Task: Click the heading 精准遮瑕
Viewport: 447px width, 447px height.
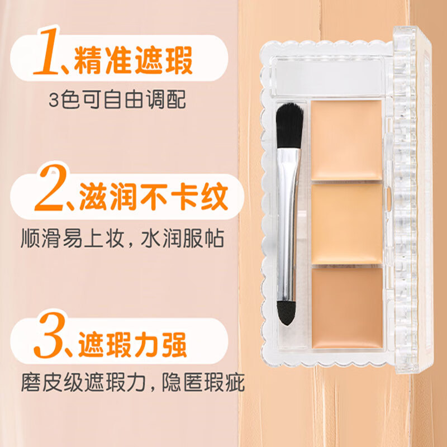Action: [x=134, y=61]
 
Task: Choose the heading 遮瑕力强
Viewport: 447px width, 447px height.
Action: [x=135, y=343]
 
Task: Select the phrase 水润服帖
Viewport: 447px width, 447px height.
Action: [x=184, y=239]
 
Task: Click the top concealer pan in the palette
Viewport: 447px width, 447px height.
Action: [x=346, y=140]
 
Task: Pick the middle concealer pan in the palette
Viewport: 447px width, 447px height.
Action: [x=346, y=223]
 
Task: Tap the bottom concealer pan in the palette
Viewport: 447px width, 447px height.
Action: [x=346, y=308]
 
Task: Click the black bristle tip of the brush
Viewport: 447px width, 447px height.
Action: [x=290, y=120]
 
